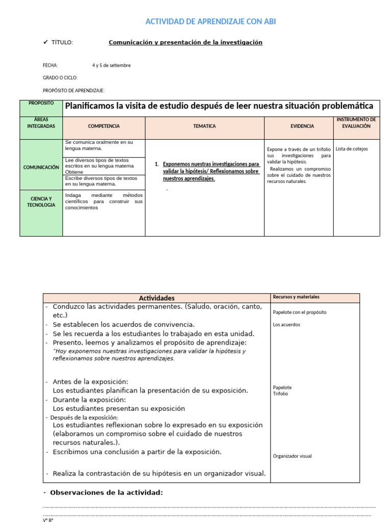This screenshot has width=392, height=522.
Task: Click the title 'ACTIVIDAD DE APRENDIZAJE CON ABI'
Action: click(x=211, y=21)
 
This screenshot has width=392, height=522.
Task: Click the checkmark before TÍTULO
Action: click(x=45, y=42)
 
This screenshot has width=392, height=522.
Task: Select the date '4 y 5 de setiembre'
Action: click(x=111, y=65)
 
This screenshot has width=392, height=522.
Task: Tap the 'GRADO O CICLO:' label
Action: click(x=60, y=77)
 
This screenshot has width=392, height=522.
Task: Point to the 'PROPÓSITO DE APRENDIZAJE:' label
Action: click(x=73, y=90)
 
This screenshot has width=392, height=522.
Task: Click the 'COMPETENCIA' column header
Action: click(x=104, y=126)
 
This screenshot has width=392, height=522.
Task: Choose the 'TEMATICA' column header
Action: click(x=204, y=126)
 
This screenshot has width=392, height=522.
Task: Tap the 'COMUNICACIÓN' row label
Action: click(x=41, y=167)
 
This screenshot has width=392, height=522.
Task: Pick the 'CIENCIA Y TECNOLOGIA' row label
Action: click(x=41, y=202)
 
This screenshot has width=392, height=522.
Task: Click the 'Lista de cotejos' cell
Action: click(x=352, y=149)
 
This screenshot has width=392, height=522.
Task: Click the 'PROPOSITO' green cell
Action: click(x=41, y=103)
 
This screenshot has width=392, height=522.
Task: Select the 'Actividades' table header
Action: click(x=157, y=298)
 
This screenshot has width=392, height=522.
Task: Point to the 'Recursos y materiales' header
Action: click(x=296, y=297)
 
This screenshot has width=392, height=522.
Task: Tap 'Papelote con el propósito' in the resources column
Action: click(x=300, y=312)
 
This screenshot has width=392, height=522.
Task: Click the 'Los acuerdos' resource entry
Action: click(x=286, y=325)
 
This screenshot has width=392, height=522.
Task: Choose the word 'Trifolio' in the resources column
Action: click(x=280, y=394)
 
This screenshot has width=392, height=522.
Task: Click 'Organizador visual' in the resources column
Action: click(x=292, y=456)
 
